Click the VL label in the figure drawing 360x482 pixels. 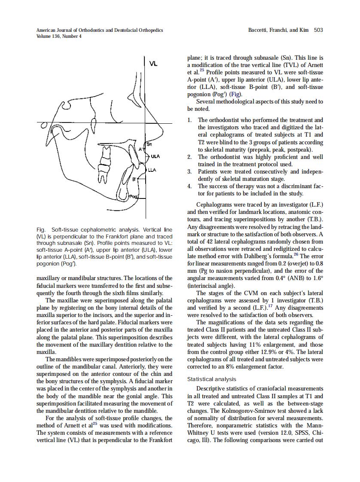click(x=153, y=64)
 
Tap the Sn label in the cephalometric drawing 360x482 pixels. click(x=149, y=144)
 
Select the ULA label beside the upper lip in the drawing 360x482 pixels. click(x=155, y=156)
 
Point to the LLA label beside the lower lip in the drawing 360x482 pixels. click(x=152, y=170)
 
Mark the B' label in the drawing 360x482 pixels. click(x=134, y=179)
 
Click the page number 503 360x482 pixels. click(x=318, y=30)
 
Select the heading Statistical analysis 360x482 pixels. click(x=212, y=379)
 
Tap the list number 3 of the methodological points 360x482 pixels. click(x=189, y=171)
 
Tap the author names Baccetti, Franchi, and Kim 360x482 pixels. click(x=279, y=30)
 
